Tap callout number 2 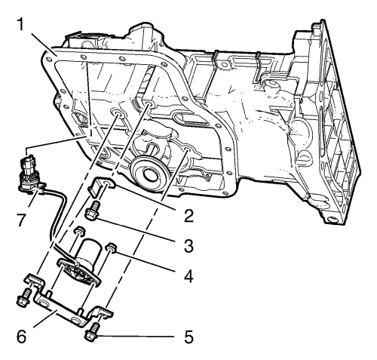click(188, 214)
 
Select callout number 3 click(188, 245)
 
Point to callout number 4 click(188, 275)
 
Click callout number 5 click(188, 336)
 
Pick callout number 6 click(22, 337)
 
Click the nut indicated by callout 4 click(111, 248)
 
